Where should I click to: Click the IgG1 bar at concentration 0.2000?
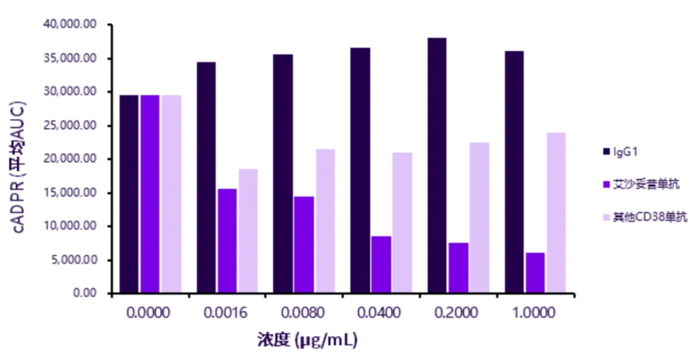pos(437,166)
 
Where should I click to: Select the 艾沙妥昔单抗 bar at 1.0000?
pos(535,273)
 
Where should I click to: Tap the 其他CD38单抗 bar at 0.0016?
pos(247,231)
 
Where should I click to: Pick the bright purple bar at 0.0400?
pos(381,265)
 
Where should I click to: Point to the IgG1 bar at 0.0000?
pos(129,194)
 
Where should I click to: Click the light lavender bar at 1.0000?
pos(556,213)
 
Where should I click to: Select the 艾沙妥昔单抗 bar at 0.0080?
pos(304,245)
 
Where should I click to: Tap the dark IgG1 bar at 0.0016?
pos(206,178)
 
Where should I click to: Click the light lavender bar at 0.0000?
pos(171,194)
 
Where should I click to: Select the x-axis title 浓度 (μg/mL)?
pos(307,339)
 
